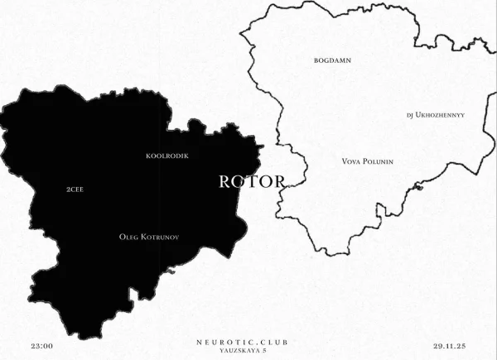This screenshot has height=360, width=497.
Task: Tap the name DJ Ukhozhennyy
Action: point(436,115)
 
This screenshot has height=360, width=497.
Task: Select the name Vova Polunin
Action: point(367,161)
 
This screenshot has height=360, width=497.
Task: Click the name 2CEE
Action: point(75,190)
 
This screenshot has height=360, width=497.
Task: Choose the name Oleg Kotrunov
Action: point(149,237)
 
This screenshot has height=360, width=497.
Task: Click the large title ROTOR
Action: point(252,182)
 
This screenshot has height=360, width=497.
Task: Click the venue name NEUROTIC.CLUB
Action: point(244,341)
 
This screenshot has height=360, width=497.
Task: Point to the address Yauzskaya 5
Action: point(244,351)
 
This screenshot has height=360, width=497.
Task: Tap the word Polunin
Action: point(376,161)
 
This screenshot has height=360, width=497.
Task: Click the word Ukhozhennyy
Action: point(441,115)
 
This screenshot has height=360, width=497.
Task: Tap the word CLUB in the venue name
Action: point(275,341)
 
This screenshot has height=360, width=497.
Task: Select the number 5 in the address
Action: point(265,351)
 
